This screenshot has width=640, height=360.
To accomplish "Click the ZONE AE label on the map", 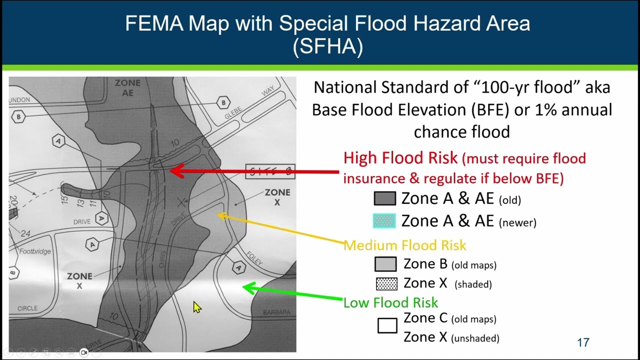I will tap(127, 87).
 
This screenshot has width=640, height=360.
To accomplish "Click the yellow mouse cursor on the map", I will tap(196, 306).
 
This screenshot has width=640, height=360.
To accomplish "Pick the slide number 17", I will tap(583, 342).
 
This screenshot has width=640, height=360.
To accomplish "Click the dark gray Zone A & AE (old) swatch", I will tap(384, 198).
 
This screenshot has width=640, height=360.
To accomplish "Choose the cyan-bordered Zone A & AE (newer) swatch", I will tap(384, 220).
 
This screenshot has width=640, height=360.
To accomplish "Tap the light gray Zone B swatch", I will tap(385, 264).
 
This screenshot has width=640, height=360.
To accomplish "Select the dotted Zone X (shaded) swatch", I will tap(386, 283).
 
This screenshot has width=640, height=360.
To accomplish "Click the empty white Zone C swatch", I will tap(387, 326).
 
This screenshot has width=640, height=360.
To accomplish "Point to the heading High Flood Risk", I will tap(400, 158).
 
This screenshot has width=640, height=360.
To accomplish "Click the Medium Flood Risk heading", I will tap(404, 245).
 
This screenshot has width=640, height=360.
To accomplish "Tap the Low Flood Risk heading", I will tap(390, 302).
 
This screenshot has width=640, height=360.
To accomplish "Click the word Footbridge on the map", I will tap(35, 251).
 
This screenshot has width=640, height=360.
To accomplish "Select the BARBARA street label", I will tap(276, 312).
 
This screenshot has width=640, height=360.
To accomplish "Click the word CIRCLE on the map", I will tap(27, 308).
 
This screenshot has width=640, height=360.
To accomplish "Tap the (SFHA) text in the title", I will tap(327, 46).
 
